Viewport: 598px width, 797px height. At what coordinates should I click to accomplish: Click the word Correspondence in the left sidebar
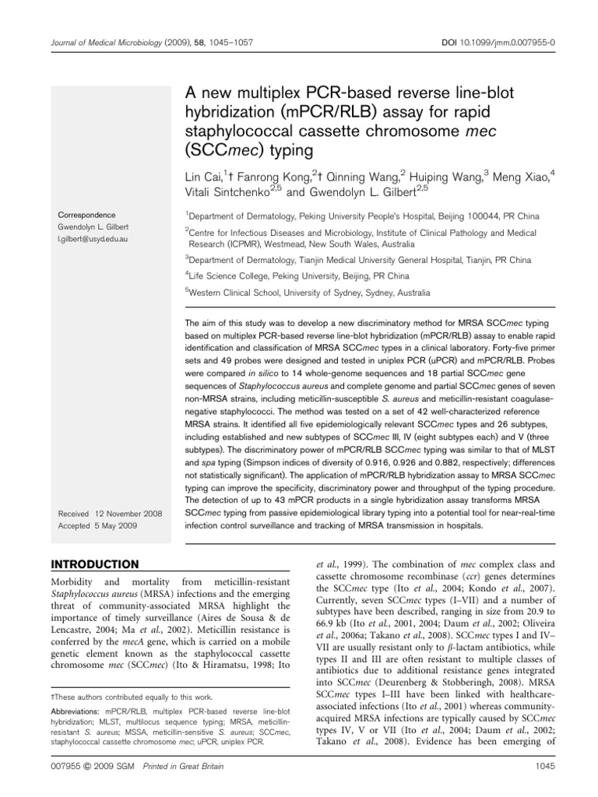[86, 216]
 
